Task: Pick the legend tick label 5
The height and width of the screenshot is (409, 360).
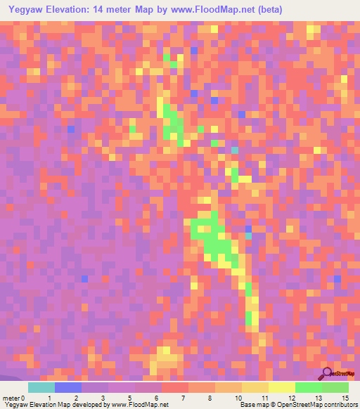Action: [129, 398]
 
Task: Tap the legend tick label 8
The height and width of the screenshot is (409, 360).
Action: [208, 398]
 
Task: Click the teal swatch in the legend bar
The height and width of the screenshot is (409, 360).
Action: [41, 387]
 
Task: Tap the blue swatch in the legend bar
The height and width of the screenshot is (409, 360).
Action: [68, 387]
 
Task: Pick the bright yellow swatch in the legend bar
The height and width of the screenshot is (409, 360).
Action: [282, 387]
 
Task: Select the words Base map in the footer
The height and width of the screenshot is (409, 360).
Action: [254, 405]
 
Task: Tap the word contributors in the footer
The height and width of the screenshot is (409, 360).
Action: [340, 405]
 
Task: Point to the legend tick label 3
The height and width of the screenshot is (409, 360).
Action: [103, 398]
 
